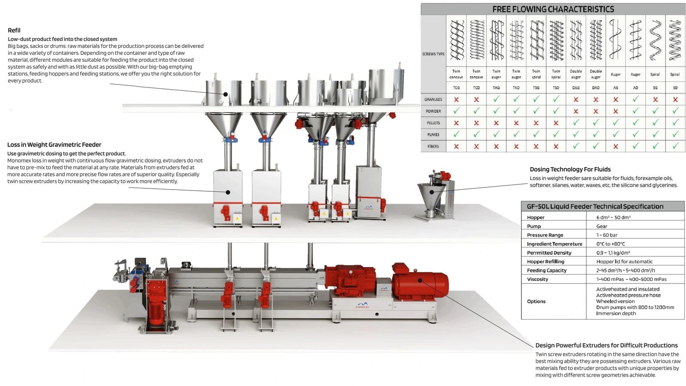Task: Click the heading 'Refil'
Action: pos(14,30)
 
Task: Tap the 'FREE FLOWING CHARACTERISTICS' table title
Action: pos(553,9)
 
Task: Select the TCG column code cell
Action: pos(456,87)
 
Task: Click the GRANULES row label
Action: pos(433,100)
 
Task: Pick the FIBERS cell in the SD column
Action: pos(675,146)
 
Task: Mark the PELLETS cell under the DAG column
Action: pos(576,123)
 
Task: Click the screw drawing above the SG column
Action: pos(655,40)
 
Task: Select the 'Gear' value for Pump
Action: pos(602,226)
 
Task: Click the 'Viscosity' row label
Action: pos(538,279)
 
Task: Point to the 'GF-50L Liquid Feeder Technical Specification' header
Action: pos(595,206)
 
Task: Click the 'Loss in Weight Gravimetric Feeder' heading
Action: pos(54,145)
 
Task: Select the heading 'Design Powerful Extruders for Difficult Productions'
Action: pos(606,345)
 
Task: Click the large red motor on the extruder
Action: pos(420,281)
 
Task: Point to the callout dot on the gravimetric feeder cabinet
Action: pos(228,193)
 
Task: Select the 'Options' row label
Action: pos(536,302)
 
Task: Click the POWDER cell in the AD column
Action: pos(635,111)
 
